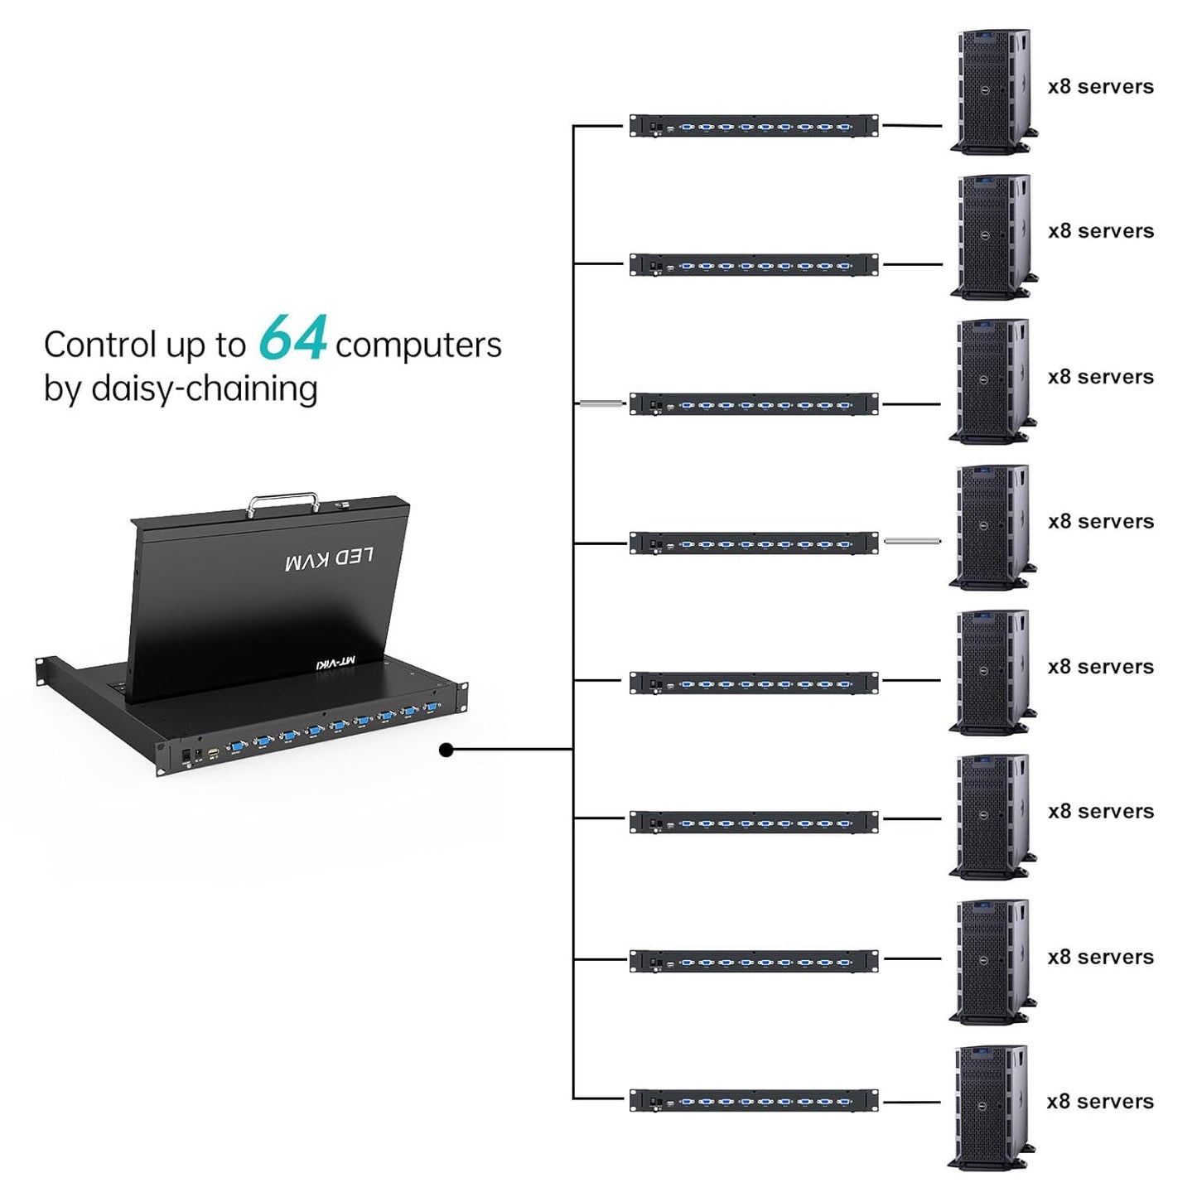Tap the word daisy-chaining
coord(205,389)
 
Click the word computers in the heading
coord(418,345)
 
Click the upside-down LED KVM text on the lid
coord(329,559)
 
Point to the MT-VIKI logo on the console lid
coord(336,661)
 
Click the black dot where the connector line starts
coord(446,750)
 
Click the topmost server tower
coord(992,91)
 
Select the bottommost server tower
coord(991,1107)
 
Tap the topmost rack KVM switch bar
coord(753,126)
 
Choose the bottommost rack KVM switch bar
coord(753,1100)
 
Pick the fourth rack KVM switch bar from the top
coord(753,543)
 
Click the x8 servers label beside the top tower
coord(1100,87)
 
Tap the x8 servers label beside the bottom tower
coord(1100,1102)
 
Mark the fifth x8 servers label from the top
coord(1100,667)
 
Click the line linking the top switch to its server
coord(912,126)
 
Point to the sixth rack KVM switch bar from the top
coord(753,822)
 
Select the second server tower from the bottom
coord(992,962)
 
